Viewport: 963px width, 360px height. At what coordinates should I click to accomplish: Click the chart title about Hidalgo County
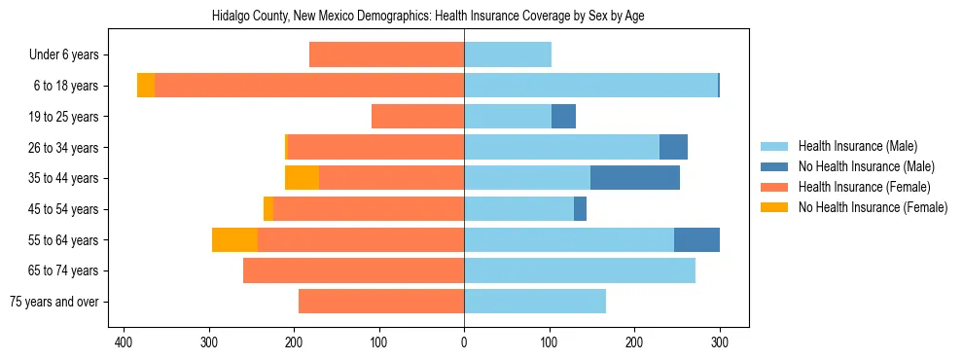pos(428,17)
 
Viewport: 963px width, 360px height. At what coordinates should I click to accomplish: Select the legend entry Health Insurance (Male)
pos(857,146)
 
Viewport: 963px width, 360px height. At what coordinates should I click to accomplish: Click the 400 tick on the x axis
pos(124,342)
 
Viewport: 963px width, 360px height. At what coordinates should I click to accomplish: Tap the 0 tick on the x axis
pos(464,342)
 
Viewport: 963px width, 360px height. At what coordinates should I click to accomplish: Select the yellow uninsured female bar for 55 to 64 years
pos(234,240)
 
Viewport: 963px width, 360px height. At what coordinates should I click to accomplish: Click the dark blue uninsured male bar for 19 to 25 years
pos(563,117)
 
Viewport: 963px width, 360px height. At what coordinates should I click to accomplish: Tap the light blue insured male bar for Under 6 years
pos(508,55)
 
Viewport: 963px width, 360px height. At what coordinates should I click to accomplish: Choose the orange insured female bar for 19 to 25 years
pos(417,117)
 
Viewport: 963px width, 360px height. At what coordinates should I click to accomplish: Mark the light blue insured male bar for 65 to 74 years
pos(580,270)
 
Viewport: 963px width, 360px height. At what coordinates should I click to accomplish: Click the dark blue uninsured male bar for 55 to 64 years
pos(696,240)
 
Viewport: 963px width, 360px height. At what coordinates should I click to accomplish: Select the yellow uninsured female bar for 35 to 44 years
pos(302,178)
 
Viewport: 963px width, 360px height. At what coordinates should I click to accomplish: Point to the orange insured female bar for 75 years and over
pos(381,302)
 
